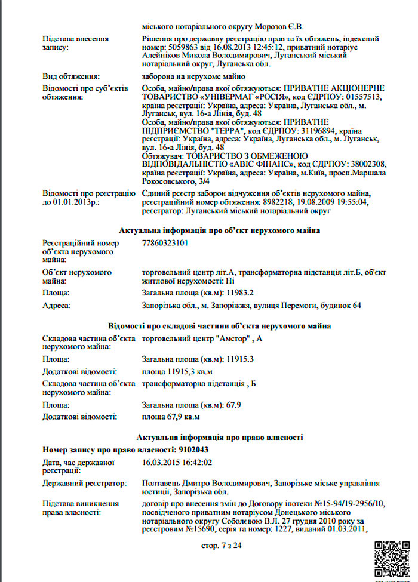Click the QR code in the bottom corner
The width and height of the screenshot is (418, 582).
[x=392, y=558]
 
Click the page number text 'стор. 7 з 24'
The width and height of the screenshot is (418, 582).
[x=222, y=545]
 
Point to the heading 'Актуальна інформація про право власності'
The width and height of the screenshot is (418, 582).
[x=219, y=437]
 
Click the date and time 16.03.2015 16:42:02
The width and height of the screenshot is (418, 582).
[x=177, y=462]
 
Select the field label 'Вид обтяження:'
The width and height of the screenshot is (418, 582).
[x=70, y=76]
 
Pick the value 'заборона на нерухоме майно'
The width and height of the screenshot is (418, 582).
[x=193, y=76]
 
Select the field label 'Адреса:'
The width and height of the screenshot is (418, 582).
[x=56, y=306]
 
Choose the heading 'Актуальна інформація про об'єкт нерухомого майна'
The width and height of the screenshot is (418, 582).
[x=219, y=230]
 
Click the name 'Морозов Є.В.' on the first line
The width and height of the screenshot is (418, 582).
[x=281, y=26]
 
